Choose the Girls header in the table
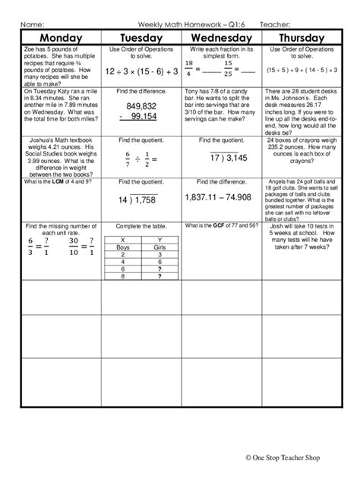159,247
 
